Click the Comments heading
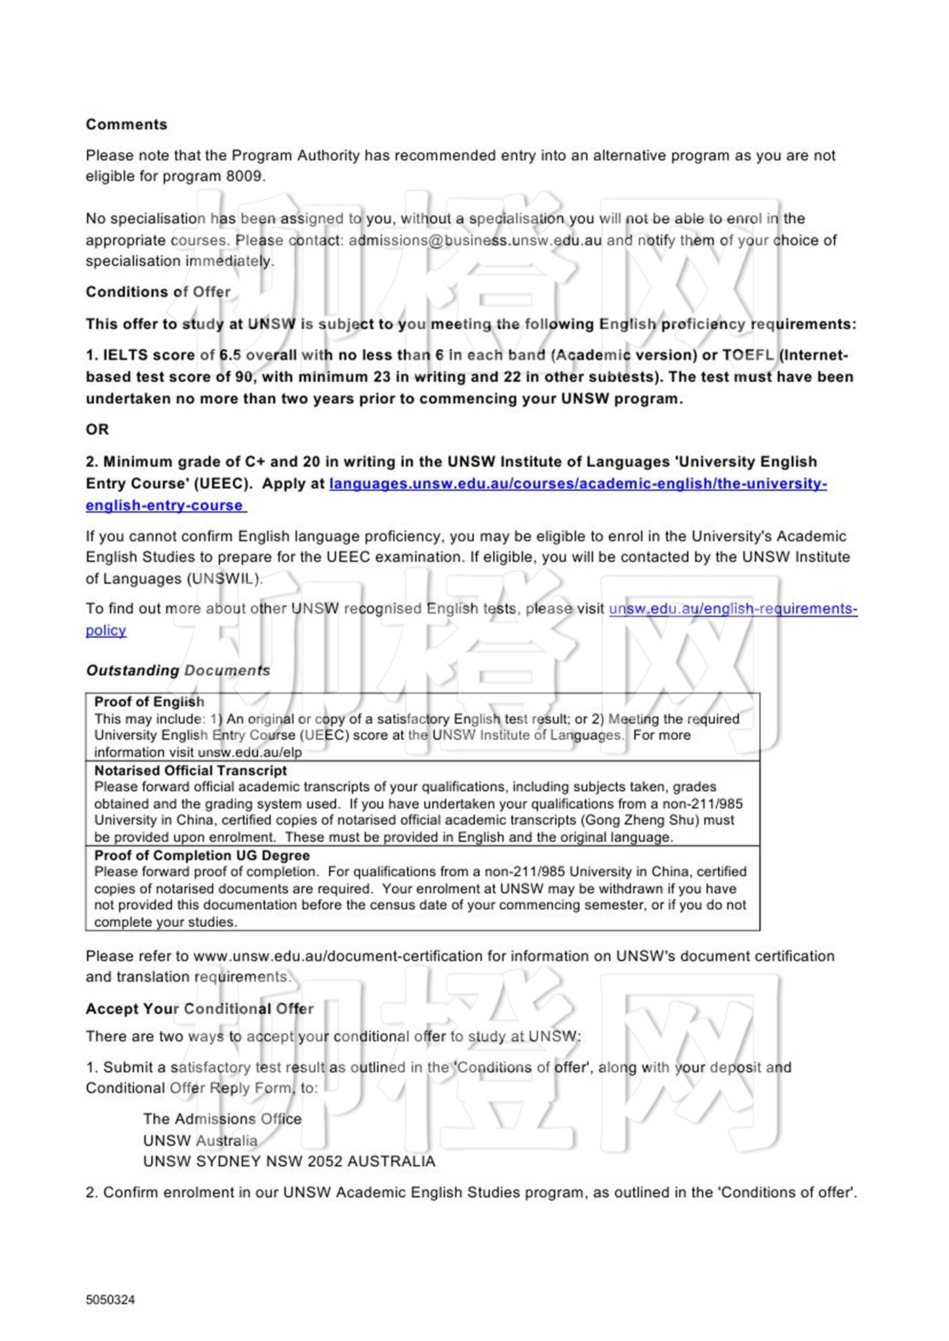126,125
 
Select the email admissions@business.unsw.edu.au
474,241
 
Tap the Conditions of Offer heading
158,292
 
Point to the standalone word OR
97,430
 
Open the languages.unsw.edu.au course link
578,484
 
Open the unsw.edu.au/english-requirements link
732,609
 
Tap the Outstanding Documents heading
178,670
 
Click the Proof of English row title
149,702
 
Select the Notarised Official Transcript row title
190,771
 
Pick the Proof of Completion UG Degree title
202,856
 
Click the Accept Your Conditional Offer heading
199,1009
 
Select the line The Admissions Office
222,1119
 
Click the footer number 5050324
110,1300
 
